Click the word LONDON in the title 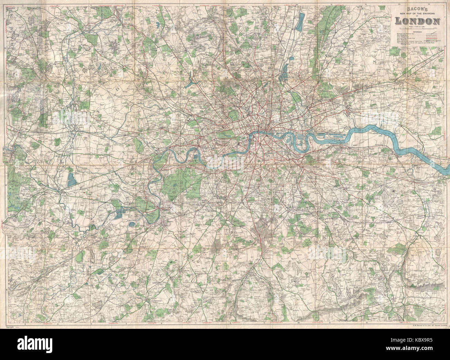(418, 21)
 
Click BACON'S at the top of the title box (418, 9)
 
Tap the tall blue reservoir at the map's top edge (301, 22)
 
